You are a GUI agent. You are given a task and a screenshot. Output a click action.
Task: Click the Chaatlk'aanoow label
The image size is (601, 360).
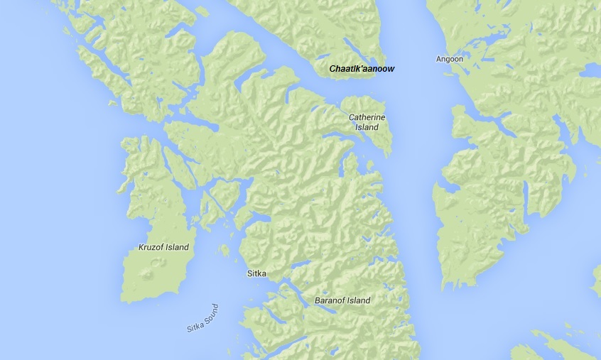tap(362, 69)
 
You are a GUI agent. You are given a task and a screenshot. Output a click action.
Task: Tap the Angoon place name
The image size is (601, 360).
tap(449, 59)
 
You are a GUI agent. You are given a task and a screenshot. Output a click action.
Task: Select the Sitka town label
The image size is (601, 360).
tap(256, 273)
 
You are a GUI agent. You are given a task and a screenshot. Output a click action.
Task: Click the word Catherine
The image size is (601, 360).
tap(367, 117)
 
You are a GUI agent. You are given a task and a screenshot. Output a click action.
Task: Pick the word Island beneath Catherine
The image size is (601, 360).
tap(367, 127)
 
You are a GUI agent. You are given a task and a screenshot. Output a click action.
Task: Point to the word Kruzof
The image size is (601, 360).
tap(152, 247)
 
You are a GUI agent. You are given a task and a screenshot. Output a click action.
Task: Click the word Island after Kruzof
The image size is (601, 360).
tap(178, 247)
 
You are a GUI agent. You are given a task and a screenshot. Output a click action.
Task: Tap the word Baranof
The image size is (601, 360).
tap(330, 300)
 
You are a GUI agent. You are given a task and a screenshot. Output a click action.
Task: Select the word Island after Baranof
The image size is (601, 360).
tap(359, 300)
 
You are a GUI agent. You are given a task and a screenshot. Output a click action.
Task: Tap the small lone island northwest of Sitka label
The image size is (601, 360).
tap(224, 250)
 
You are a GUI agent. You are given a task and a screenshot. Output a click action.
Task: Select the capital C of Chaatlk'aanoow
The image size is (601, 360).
tap(332, 69)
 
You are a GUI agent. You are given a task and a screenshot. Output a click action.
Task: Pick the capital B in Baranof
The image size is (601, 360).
tap(318, 300)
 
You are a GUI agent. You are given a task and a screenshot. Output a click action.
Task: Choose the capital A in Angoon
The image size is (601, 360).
tap(438, 59)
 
